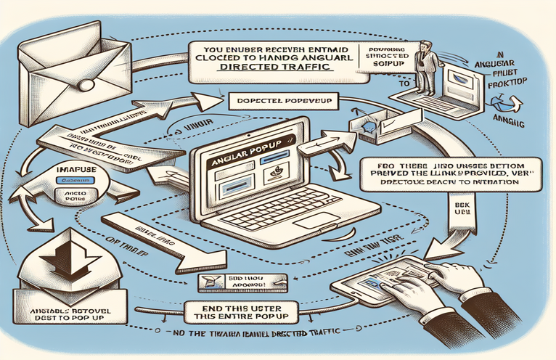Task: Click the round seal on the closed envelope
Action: click(86, 85)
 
